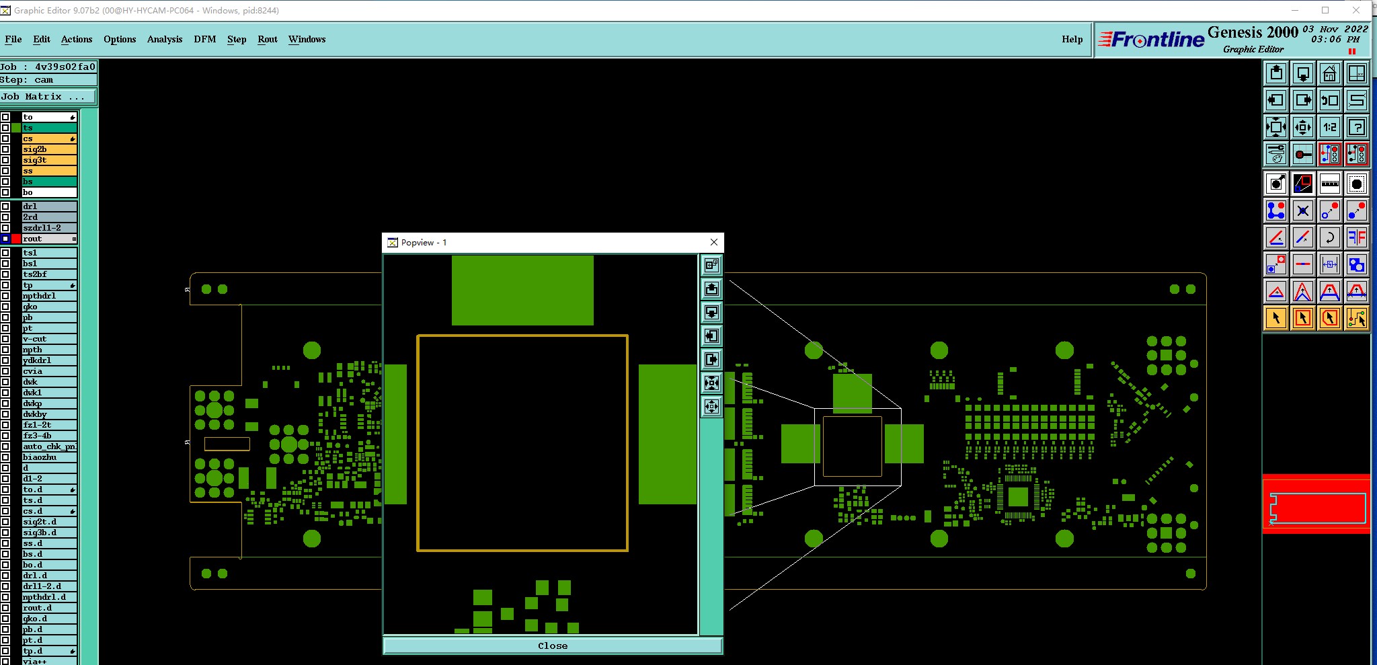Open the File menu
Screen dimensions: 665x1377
(x=13, y=39)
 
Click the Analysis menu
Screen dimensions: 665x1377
(x=165, y=39)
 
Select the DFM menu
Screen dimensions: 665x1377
(x=205, y=39)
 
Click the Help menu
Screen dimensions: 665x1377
(x=1072, y=39)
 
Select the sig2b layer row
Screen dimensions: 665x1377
(x=48, y=149)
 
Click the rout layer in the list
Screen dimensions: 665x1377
(x=48, y=239)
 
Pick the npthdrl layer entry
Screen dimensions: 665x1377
(x=48, y=296)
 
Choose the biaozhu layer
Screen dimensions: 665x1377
(x=48, y=457)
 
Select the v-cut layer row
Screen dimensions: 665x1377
(x=48, y=339)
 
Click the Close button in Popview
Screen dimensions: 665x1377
(x=553, y=646)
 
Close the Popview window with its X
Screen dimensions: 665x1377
(x=714, y=242)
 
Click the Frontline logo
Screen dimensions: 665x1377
(x=1152, y=40)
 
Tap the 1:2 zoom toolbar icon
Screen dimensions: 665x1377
(x=1330, y=127)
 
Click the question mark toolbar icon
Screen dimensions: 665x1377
(x=1357, y=127)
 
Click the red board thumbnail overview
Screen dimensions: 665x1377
(x=1316, y=504)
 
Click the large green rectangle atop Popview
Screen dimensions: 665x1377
(x=522, y=290)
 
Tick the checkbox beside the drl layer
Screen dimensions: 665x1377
(x=5, y=206)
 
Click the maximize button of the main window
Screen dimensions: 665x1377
(x=1325, y=10)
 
